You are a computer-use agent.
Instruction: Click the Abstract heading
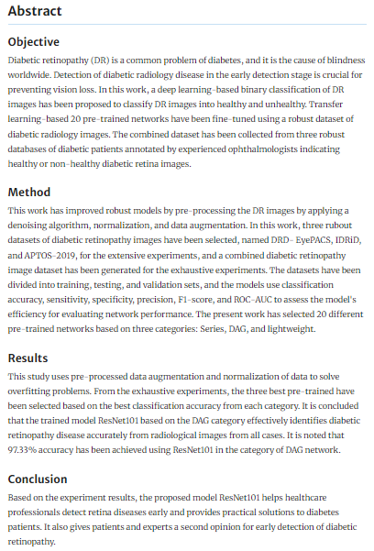[x=36, y=12]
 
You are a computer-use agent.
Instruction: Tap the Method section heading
[x=29, y=193]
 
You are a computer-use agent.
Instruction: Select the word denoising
[x=33, y=226]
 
